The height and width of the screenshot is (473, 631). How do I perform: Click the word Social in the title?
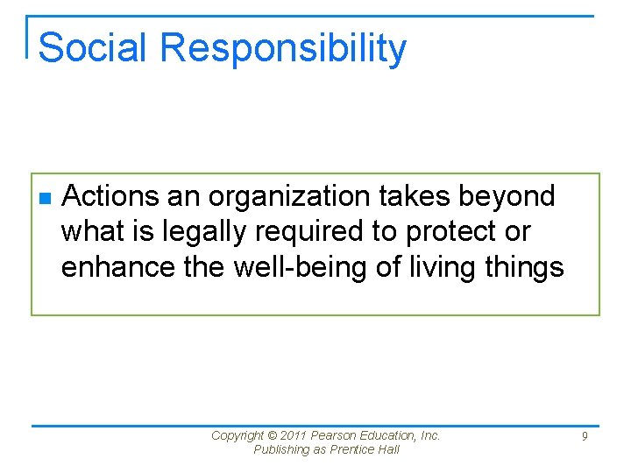coord(92,47)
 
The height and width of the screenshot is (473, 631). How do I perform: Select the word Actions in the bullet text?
coord(111,196)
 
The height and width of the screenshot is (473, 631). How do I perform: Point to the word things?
coord(527,266)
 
